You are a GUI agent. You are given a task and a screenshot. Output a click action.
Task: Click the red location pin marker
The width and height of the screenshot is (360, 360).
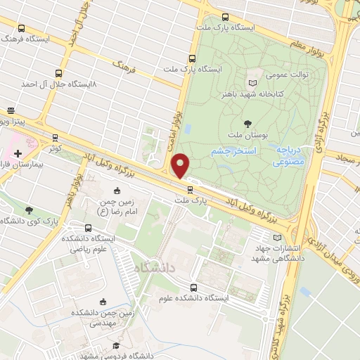click(181, 165)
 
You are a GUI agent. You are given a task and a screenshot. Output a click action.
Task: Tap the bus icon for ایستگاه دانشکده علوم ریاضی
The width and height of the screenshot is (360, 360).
click(88, 228)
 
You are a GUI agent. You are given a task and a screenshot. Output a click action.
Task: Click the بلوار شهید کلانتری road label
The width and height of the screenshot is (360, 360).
click(285, 324)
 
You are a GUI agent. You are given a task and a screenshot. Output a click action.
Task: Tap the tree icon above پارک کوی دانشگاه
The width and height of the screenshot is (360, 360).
click(29, 210)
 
